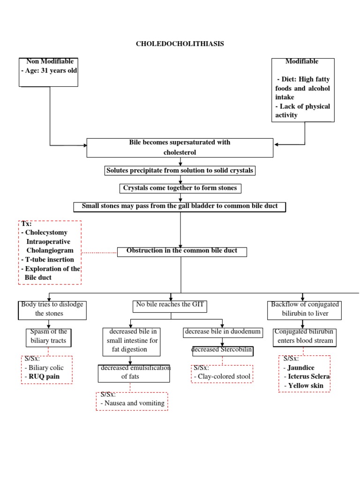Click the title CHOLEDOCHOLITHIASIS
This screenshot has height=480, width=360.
click(180, 44)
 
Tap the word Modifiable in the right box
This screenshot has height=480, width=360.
click(302, 61)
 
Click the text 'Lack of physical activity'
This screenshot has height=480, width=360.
click(302, 111)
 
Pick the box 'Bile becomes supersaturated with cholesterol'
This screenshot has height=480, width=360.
click(180, 148)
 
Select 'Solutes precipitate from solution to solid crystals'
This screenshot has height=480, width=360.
click(180, 171)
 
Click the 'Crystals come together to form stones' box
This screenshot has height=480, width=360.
click(180, 188)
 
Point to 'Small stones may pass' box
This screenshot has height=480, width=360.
click(180, 206)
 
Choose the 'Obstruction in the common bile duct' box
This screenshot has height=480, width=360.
click(182, 251)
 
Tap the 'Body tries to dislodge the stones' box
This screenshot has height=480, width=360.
click(52, 310)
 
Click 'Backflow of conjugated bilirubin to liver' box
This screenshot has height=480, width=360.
click(305, 309)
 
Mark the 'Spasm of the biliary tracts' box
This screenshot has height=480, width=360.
click(49, 337)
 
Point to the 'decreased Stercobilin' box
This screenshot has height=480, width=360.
click(222, 351)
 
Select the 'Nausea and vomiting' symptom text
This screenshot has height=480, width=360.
click(133, 403)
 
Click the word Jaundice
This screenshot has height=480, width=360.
click(302, 367)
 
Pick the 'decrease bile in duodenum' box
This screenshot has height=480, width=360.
click(222, 332)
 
